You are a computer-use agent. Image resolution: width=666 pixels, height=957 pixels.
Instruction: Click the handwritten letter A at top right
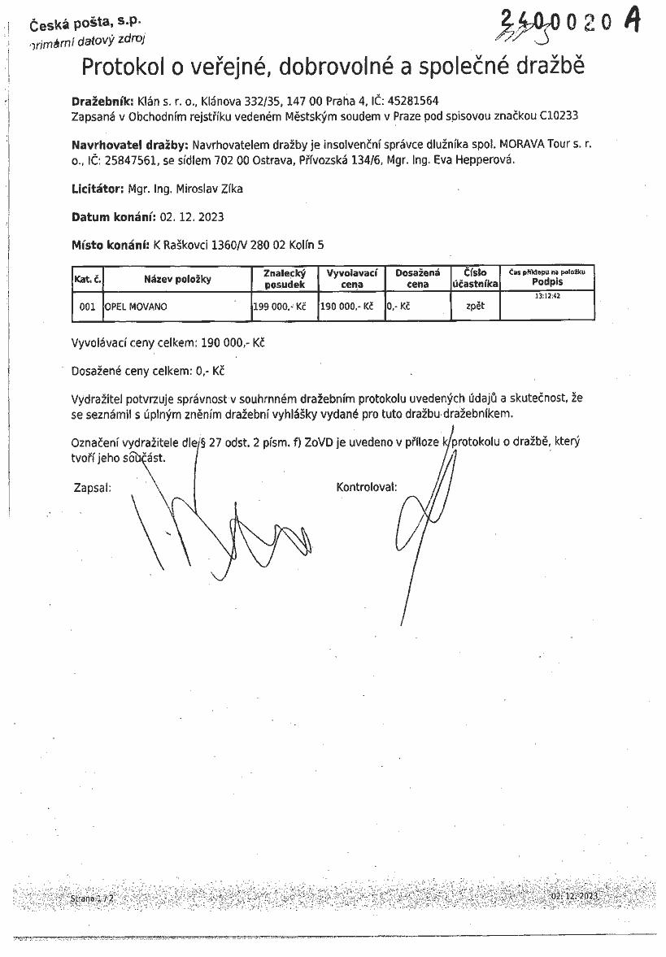click(x=633, y=20)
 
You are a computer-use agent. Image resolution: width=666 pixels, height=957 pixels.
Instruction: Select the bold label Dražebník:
click(x=102, y=102)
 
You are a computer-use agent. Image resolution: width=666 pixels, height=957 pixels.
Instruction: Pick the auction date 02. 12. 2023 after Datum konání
click(x=191, y=217)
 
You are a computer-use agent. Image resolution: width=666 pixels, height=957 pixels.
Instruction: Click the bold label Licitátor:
click(x=97, y=189)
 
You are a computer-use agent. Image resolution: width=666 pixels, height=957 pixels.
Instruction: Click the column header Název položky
click(x=177, y=280)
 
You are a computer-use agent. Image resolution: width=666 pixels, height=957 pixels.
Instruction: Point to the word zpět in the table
click(x=475, y=307)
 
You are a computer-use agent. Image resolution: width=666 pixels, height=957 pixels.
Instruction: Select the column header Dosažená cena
click(x=417, y=279)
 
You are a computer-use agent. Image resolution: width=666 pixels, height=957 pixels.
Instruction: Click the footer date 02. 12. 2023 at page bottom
click(x=574, y=895)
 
